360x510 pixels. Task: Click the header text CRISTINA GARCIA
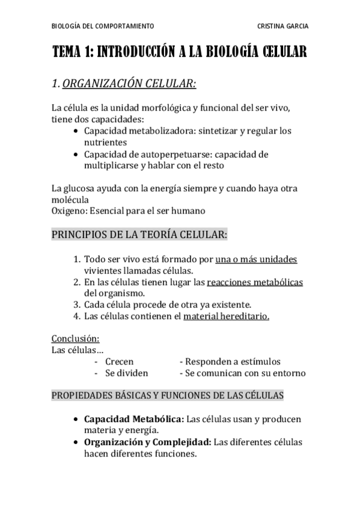(x=282, y=26)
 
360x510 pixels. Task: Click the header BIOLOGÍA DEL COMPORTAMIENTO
(x=103, y=26)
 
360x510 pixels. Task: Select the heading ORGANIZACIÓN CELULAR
(x=129, y=84)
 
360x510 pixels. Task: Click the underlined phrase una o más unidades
(x=256, y=260)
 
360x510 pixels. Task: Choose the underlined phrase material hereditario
(x=227, y=316)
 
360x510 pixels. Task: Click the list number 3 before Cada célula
(x=76, y=304)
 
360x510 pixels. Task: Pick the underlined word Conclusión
(x=75, y=338)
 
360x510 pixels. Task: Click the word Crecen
(x=119, y=361)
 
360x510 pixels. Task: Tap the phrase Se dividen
(x=126, y=373)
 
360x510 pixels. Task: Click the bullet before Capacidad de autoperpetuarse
(x=75, y=155)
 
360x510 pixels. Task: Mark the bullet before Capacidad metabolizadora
(x=75, y=131)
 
